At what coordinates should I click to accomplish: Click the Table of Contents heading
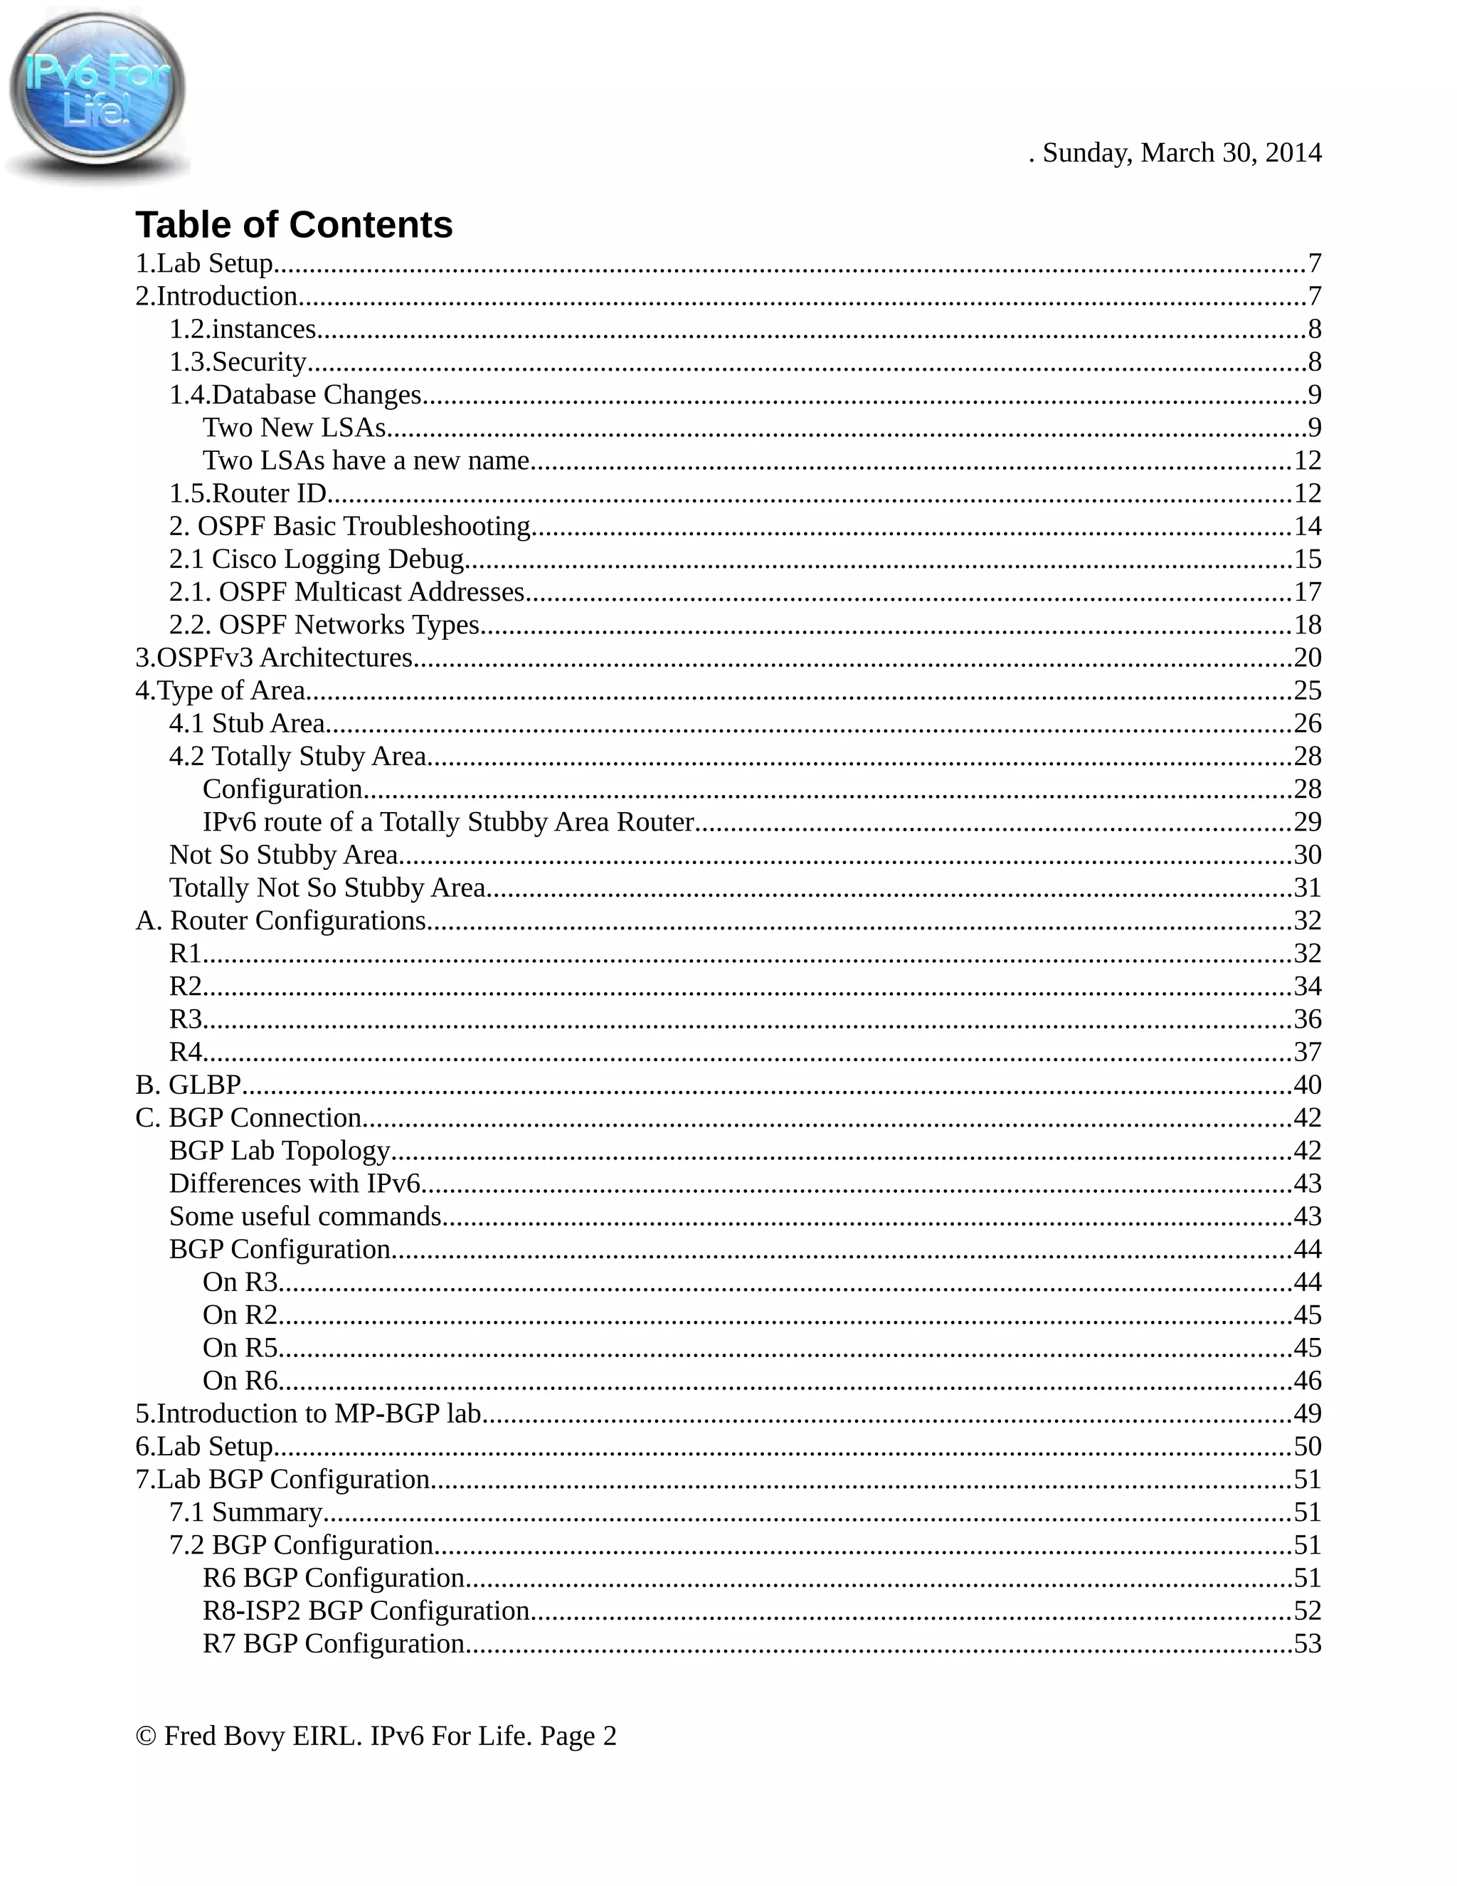click(294, 224)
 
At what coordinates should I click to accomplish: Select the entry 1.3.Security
click(238, 362)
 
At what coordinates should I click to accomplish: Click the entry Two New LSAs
click(295, 428)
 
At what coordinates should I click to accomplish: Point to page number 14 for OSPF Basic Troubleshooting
click(1307, 526)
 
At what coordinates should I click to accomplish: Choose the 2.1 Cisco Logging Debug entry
click(317, 559)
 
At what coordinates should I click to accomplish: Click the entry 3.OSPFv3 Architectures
click(274, 657)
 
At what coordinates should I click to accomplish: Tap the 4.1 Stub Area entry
click(247, 723)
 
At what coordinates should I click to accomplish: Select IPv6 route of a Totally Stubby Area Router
click(448, 821)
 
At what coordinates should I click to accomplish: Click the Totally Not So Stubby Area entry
click(327, 887)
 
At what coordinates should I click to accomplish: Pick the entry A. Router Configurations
click(280, 920)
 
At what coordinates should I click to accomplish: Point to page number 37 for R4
click(1307, 1052)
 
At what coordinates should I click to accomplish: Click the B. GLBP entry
click(187, 1085)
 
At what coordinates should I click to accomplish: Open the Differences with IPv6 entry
click(295, 1183)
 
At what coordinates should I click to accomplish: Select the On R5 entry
click(240, 1347)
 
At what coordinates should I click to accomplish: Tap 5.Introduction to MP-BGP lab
click(308, 1413)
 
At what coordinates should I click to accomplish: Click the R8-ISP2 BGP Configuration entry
click(366, 1611)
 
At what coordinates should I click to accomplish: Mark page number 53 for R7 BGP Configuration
click(1307, 1643)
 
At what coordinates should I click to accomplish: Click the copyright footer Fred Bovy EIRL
click(376, 1736)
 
